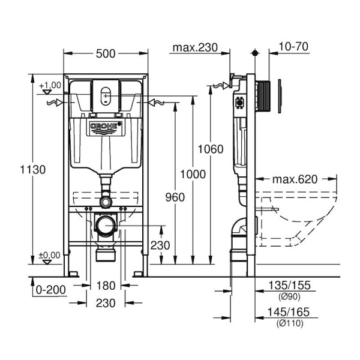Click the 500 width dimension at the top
106,54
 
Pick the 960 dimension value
174,197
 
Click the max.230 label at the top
193,47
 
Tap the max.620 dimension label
295,179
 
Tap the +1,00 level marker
50,86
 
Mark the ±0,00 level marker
50,256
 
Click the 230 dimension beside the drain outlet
160,245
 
